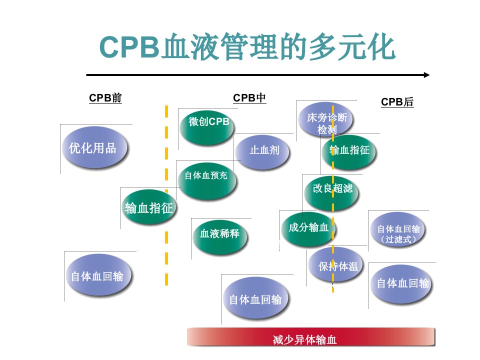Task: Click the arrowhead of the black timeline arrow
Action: [x=426, y=75]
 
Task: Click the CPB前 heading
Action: [x=105, y=98]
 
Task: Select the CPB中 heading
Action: [x=249, y=98]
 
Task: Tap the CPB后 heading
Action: [x=397, y=102]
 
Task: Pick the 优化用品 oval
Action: [x=94, y=148]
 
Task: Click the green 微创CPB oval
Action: [x=207, y=127]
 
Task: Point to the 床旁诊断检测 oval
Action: [x=326, y=119]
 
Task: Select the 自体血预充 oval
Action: [x=207, y=180]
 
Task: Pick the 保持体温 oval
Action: [x=336, y=264]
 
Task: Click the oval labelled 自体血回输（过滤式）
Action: [x=397, y=229]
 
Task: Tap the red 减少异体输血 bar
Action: [x=311, y=337]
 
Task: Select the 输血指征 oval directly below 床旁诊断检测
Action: [x=349, y=152]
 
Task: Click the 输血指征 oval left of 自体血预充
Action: [x=149, y=207]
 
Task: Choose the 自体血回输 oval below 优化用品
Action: [x=98, y=275]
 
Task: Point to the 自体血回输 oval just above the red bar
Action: [x=256, y=298]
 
